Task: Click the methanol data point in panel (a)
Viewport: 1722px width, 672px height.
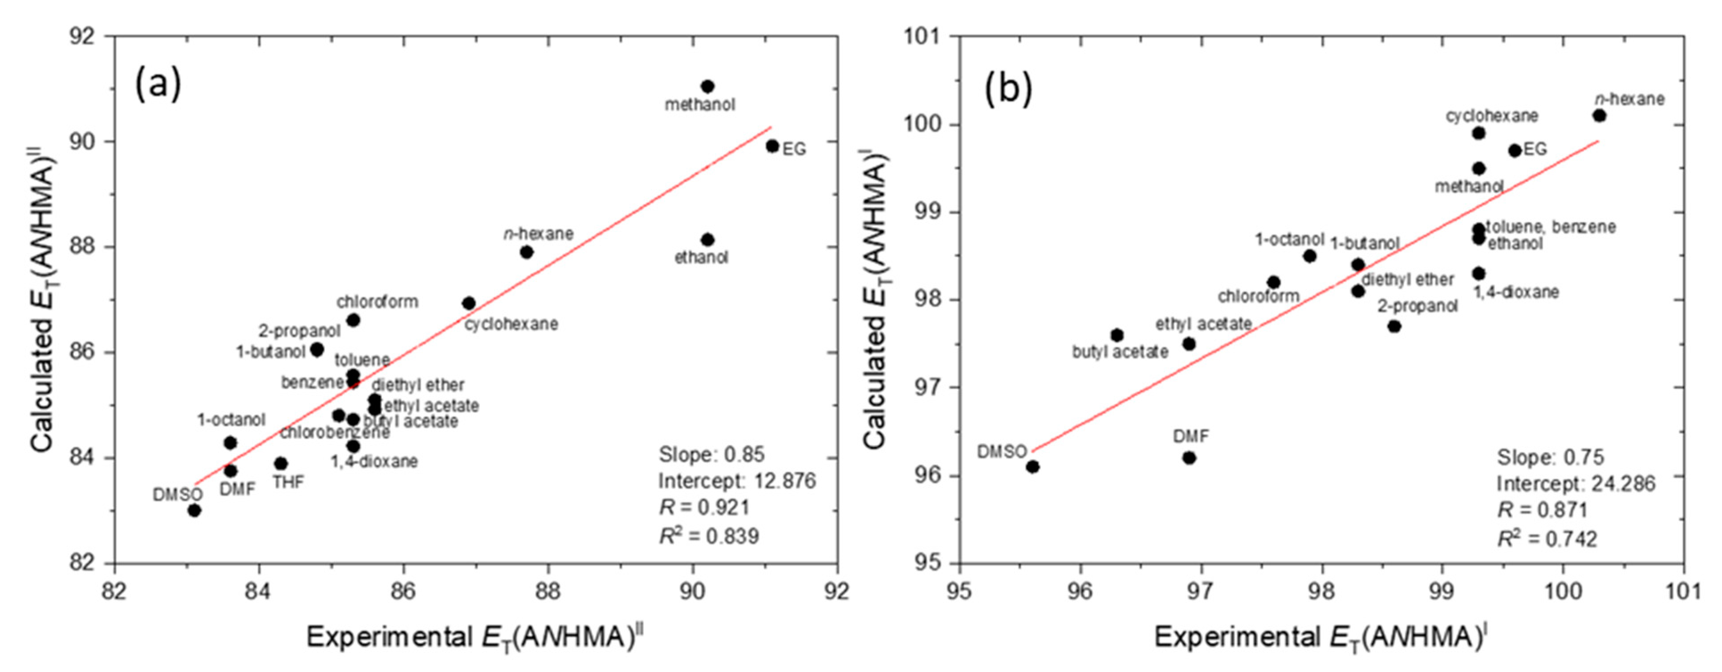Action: (x=707, y=86)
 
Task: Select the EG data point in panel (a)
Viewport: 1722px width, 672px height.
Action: (x=772, y=146)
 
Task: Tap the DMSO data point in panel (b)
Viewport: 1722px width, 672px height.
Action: (x=1033, y=466)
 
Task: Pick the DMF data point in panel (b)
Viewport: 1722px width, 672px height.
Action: (x=1189, y=457)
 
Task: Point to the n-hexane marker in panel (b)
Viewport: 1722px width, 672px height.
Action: (x=1600, y=116)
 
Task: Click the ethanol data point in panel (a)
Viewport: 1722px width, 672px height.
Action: (x=707, y=239)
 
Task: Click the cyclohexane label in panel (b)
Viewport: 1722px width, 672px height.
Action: (x=1492, y=116)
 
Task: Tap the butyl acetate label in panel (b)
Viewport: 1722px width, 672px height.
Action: (x=1121, y=352)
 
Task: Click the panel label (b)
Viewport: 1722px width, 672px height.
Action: (x=1009, y=90)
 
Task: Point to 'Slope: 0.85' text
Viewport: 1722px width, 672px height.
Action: (x=711, y=454)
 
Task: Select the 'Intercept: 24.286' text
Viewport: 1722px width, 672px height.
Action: (x=1576, y=484)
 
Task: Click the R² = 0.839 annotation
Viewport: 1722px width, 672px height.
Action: (x=709, y=536)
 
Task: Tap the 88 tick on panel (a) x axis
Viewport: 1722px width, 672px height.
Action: (x=548, y=591)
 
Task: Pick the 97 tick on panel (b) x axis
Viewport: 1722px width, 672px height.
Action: (x=1201, y=591)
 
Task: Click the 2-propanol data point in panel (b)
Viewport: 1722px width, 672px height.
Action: (x=1394, y=326)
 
